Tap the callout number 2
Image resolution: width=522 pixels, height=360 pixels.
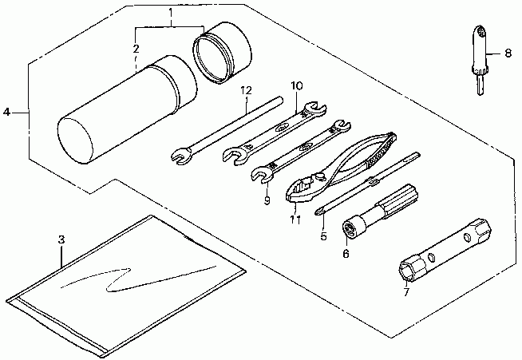pyautogui.click(x=136, y=49)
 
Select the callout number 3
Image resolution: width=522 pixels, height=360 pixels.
pyautogui.click(x=61, y=239)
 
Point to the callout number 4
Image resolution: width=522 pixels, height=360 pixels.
pyautogui.click(x=7, y=113)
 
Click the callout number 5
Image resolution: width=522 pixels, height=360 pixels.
pyautogui.click(x=323, y=235)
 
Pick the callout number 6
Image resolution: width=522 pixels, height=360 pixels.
pyautogui.click(x=346, y=254)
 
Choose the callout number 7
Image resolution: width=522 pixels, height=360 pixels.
pyautogui.click(x=405, y=293)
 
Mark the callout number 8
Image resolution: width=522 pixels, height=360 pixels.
pyautogui.click(x=508, y=54)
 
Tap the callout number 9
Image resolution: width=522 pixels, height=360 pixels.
pyautogui.click(x=267, y=200)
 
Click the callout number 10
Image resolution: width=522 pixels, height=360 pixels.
pyautogui.click(x=297, y=85)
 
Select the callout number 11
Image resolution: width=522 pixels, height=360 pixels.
pyautogui.click(x=295, y=218)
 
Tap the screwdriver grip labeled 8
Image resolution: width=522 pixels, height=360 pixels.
pyautogui.click(x=479, y=48)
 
